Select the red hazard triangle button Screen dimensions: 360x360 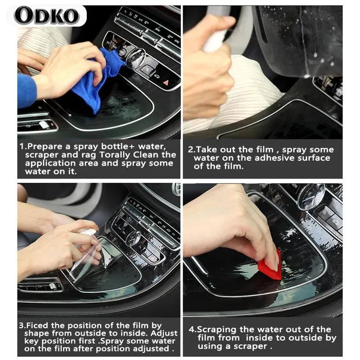point(165,83)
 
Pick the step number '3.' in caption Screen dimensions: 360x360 point(22,325)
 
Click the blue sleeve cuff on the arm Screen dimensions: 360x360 point(26,90)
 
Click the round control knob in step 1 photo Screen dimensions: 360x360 point(135,58)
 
